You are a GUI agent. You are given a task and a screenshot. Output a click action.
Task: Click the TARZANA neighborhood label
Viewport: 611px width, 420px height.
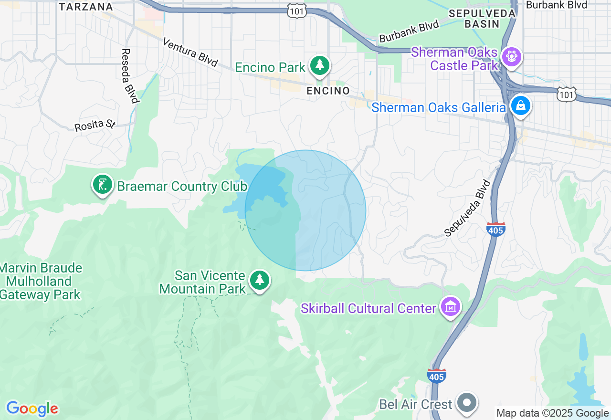click(86, 7)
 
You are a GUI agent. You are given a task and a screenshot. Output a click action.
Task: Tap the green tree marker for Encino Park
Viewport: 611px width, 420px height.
click(319, 66)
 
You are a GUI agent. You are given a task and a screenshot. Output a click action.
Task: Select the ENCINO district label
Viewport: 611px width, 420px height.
click(328, 91)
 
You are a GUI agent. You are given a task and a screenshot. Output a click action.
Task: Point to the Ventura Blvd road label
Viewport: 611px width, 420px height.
click(190, 52)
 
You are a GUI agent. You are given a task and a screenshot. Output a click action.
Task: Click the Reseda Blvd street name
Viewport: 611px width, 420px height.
click(130, 75)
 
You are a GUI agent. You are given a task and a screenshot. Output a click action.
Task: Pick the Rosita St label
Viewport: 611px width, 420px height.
click(95, 126)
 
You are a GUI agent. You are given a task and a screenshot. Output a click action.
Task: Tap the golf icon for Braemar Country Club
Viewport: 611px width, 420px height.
click(102, 185)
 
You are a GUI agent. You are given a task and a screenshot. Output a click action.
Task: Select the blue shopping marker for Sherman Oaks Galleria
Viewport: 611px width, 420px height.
click(520, 106)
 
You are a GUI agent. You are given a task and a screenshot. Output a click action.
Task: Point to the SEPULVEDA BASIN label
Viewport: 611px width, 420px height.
click(482, 18)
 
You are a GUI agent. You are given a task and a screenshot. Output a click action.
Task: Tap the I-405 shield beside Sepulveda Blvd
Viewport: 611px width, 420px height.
click(496, 230)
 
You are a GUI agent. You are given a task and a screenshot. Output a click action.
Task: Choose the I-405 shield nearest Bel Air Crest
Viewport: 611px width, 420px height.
click(437, 376)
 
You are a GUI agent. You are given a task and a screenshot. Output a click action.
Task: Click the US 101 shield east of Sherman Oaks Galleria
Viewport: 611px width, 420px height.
click(567, 94)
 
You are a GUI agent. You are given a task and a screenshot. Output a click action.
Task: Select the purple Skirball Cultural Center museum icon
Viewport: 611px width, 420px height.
click(450, 307)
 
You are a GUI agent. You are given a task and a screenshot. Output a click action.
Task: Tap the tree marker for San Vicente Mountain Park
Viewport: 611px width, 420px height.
click(259, 281)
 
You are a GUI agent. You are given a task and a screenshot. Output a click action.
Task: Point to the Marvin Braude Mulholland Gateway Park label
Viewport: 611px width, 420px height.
click(41, 282)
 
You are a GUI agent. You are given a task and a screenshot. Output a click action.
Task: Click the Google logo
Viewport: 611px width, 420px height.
click(32, 409)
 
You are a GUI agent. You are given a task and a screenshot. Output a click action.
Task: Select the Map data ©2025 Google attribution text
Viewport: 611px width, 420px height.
click(552, 413)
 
